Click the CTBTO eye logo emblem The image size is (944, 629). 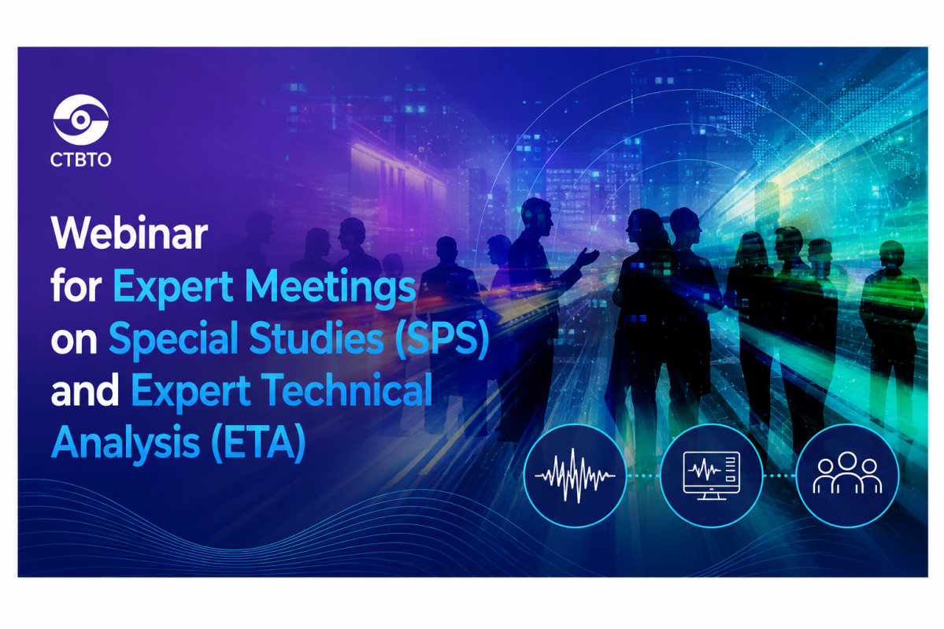point(80,119)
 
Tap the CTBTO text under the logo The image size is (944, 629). point(80,160)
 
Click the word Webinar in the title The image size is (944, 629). point(129,234)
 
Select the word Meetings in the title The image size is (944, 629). point(331,287)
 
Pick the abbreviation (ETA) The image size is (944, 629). point(259,444)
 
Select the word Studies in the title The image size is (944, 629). point(317,338)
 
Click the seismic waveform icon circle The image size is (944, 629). point(575,475)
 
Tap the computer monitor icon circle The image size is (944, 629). point(712,475)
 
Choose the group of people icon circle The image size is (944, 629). point(847,475)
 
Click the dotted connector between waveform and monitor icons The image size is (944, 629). point(643,475)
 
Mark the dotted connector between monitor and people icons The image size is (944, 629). point(779,475)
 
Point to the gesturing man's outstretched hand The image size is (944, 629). point(587,257)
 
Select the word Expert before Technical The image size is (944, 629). point(191,392)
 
